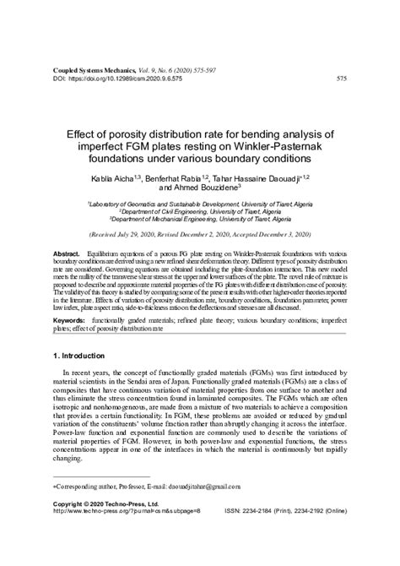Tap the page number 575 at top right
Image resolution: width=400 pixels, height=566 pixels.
341,79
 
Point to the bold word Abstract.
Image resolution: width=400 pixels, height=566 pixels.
67,254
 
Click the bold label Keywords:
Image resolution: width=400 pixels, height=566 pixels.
69,322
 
